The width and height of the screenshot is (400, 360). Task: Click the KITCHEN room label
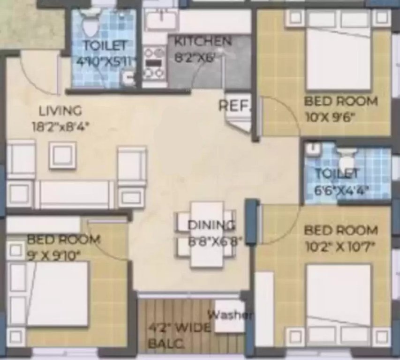(203, 41)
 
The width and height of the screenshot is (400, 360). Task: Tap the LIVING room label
(60, 111)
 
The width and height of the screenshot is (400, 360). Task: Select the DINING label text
(211, 225)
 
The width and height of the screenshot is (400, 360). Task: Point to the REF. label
(235, 106)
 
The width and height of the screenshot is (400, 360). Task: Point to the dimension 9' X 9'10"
(54, 255)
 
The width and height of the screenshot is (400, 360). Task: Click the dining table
(206, 234)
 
